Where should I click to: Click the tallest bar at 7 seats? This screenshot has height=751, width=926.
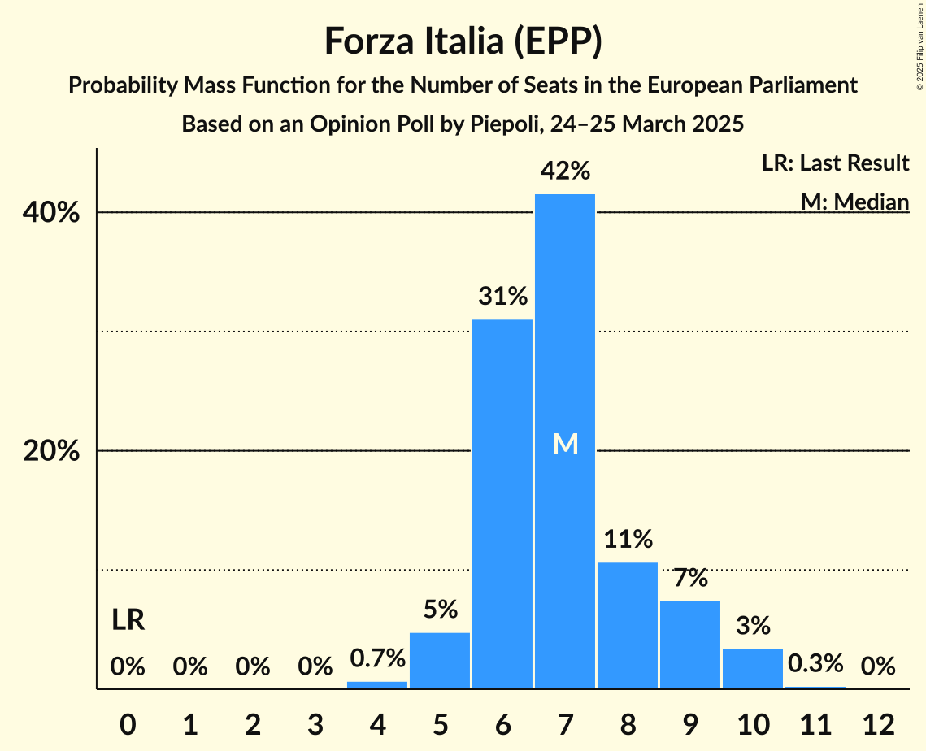click(565, 325)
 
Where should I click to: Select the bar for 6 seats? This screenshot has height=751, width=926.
click(502, 504)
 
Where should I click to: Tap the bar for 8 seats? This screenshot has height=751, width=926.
click(628, 626)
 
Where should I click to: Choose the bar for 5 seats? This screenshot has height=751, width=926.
click(440, 661)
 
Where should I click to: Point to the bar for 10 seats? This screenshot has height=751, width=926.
click(753, 669)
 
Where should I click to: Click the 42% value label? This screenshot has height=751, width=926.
click(566, 171)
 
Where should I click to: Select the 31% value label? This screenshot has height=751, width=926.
click(502, 297)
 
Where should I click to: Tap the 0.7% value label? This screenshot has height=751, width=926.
click(377, 658)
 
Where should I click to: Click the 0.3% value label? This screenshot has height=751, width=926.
click(815, 663)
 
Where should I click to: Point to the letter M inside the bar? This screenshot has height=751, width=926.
click(565, 444)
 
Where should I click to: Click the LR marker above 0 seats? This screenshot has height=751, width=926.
click(128, 621)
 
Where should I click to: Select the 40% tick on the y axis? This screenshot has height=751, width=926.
click(51, 213)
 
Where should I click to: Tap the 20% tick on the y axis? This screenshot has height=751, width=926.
click(51, 451)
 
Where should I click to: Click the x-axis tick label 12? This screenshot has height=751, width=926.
click(878, 724)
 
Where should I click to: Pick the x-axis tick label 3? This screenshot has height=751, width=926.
click(315, 724)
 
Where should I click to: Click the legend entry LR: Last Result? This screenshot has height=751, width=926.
click(835, 163)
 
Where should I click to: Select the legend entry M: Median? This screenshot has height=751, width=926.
click(854, 202)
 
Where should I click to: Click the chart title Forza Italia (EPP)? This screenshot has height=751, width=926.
click(463, 41)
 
